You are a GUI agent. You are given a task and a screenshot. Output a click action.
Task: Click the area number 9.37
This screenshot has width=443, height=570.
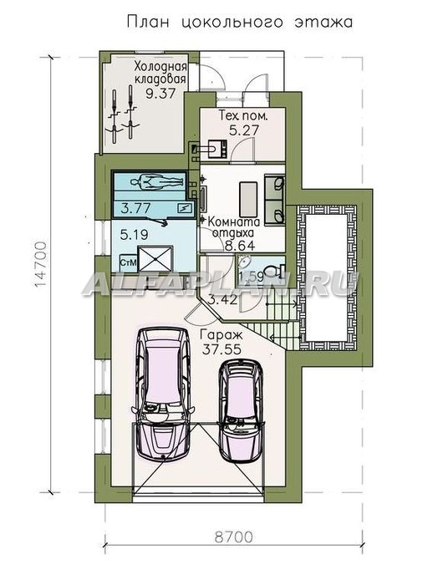160,94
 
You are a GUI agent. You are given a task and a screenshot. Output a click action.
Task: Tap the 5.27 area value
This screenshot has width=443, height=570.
244,130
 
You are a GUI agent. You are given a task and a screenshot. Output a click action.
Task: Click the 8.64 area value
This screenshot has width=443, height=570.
240,246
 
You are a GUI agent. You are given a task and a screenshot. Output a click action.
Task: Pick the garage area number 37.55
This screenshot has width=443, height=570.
221,349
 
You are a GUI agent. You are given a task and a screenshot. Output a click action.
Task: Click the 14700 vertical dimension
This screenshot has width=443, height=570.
41,265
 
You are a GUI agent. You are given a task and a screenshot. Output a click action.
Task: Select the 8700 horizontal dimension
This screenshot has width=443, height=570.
234,537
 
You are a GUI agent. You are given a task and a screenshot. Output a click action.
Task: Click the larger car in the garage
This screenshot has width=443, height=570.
161,395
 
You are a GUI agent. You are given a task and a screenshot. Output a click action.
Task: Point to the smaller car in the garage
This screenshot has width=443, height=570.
241,410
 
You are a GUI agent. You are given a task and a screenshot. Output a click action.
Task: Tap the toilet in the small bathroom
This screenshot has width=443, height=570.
274,272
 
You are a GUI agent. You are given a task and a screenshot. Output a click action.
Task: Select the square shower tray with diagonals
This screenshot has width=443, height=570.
155,259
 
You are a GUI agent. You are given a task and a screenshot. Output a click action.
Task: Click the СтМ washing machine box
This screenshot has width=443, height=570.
128,262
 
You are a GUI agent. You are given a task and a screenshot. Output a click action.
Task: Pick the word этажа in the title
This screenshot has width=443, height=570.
323,23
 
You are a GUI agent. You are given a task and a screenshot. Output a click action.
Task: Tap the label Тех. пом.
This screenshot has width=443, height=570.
243,116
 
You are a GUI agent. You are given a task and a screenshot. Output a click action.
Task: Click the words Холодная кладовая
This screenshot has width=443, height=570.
160,73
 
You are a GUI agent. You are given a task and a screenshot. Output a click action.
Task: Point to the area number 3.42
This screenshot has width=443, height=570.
223,300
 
